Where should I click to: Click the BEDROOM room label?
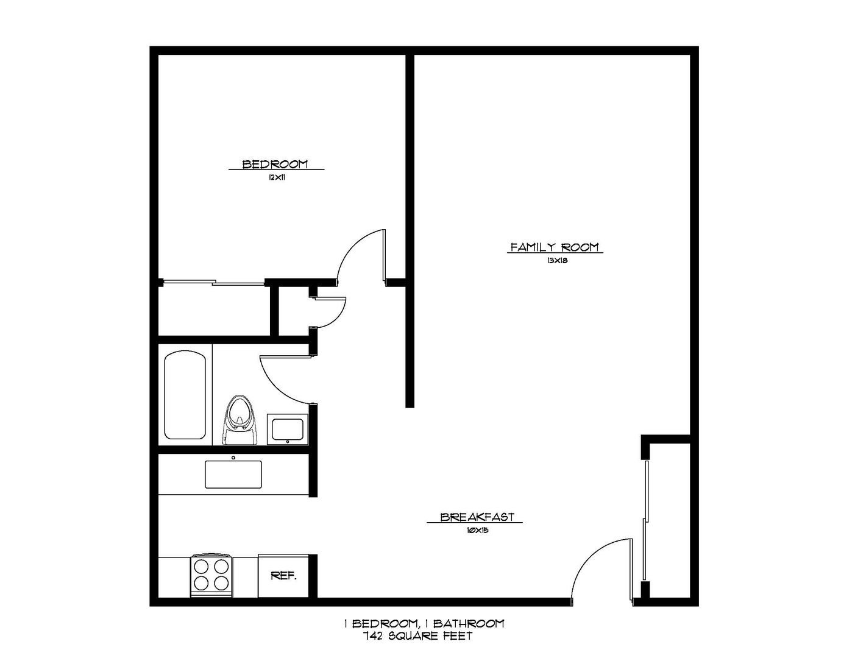(x=275, y=164)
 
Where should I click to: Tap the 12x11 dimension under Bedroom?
(x=275, y=178)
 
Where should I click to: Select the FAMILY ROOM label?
(x=555, y=247)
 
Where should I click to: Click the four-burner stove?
(x=211, y=575)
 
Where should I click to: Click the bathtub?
(x=185, y=394)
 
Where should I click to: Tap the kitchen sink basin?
(x=233, y=474)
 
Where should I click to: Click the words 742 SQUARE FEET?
(x=417, y=637)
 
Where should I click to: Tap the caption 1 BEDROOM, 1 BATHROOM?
(x=424, y=623)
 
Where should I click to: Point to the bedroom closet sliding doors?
(x=213, y=282)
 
